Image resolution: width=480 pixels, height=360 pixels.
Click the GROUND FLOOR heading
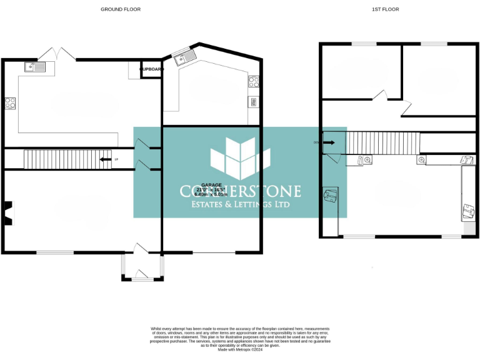(x=121, y=9)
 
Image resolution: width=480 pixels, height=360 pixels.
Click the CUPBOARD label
(x=151, y=69)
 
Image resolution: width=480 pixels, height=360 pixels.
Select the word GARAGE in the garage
(x=211, y=185)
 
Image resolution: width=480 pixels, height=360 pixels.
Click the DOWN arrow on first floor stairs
(x=330, y=142)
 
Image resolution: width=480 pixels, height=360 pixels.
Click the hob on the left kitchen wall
(x=10, y=104)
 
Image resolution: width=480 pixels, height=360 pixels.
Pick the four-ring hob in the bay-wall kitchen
(x=254, y=81)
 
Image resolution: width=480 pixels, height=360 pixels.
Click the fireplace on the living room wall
(x=7, y=212)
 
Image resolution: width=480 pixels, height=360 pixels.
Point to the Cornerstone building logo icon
(x=240, y=159)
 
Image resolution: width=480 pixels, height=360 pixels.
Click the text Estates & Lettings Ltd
(x=240, y=204)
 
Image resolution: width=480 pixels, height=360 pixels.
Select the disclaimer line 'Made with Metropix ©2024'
(x=240, y=350)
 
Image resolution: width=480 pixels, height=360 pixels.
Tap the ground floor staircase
(x=67, y=159)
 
